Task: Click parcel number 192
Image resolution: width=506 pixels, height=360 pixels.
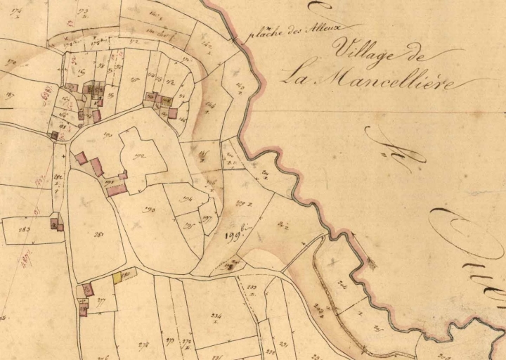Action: click(139, 156)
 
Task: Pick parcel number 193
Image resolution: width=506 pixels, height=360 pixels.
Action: click(149, 210)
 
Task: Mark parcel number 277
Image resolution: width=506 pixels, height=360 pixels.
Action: click(102, 300)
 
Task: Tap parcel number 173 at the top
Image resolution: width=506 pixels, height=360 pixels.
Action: click(84, 12)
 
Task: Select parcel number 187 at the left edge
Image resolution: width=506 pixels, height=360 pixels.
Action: click(10, 95)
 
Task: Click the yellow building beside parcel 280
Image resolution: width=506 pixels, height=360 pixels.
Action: click(118, 278)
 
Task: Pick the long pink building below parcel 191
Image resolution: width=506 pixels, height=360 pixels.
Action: click(117, 189)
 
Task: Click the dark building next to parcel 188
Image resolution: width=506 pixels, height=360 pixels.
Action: click(54, 134)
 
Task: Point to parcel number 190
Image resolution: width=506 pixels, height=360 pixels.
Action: click(108, 134)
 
